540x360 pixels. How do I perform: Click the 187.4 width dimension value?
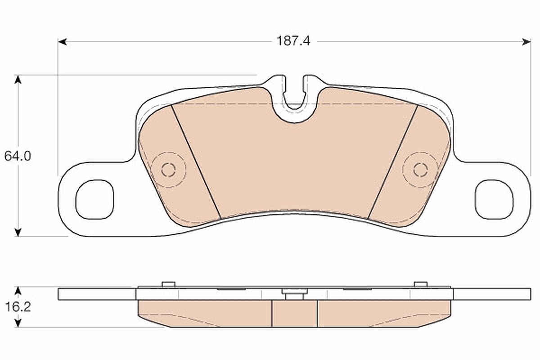coord(293,41)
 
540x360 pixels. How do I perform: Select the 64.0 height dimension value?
coord(18,156)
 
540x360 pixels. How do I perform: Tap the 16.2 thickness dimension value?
coord(18,307)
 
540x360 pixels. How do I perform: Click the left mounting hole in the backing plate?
coord(95,199)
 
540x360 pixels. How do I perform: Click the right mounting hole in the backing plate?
coord(494,199)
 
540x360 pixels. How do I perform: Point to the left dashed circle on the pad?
coord(169,170)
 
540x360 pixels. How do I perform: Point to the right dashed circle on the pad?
coord(420,170)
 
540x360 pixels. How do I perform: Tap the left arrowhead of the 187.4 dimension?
coord(62,42)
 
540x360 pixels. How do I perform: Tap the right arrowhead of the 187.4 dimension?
coord(526,42)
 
